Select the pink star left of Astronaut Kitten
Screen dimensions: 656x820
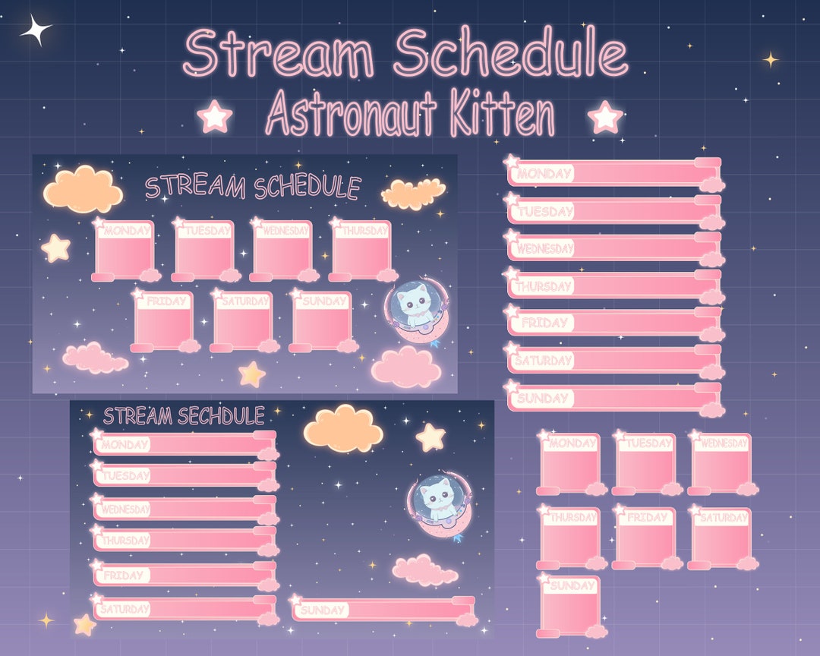215,118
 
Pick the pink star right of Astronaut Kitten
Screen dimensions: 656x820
605,118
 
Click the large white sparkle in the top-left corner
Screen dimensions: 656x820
36,31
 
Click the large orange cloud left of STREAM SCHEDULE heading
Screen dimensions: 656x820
83,190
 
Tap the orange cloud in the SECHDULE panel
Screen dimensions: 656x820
343,429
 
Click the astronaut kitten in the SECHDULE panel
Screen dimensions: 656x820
438,501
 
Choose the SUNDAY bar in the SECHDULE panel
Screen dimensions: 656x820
383,609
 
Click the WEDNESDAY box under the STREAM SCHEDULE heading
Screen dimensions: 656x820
282,250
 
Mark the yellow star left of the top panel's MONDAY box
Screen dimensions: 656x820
55,248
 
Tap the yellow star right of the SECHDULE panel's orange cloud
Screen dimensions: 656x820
430,437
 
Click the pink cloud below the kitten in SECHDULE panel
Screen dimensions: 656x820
425,570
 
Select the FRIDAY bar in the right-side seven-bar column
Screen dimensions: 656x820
613,323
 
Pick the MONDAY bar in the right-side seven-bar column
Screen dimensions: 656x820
613,173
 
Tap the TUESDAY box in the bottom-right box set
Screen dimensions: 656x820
646,462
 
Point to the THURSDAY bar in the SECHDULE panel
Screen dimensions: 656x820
184,540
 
